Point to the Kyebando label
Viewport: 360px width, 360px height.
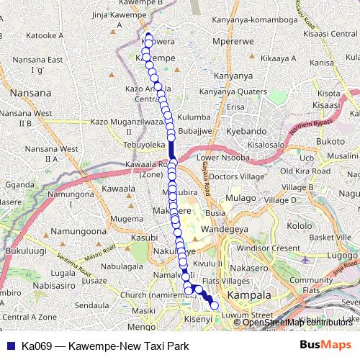246,132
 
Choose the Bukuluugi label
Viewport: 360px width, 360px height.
23,251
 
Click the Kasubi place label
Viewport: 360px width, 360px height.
143,237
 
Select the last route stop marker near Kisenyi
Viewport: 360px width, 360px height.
213,305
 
